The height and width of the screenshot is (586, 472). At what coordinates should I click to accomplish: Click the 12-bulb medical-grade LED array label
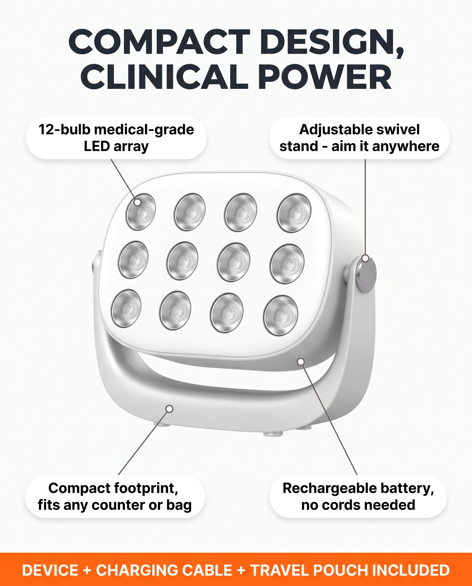coord(116,138)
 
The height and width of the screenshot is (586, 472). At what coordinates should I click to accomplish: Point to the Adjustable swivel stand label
coord(359,138)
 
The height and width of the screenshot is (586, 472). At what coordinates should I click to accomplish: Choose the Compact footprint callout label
coord(115,496)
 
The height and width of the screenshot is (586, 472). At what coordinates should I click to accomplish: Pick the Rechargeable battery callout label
coord(358,496)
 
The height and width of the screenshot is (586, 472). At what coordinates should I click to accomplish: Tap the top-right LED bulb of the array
coord(294,213)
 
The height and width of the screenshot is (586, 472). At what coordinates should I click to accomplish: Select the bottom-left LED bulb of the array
coord(126,308)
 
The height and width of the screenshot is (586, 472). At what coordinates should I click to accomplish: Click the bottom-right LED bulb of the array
coord(281,316)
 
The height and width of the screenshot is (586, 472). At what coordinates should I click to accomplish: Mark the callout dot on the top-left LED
coord(138,202)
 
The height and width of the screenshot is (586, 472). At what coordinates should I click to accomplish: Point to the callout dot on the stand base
coord(169,409)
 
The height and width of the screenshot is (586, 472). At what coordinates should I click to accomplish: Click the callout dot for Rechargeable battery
coord(301,362)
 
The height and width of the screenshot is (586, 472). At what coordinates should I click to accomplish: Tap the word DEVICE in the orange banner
coord(50,570)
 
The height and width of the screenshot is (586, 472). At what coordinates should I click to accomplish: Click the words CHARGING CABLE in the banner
coord(164,570)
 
